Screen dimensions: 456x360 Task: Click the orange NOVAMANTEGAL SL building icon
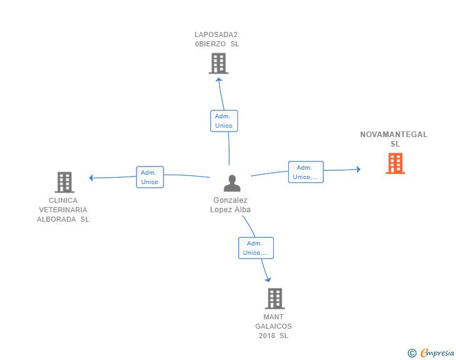coord(395,163)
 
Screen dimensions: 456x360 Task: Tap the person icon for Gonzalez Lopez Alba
coord(232,183)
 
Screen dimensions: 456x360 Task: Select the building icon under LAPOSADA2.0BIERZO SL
coord(219,63)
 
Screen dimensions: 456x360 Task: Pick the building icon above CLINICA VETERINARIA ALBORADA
coord(65,182)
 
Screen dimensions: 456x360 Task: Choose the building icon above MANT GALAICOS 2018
coord(275,299)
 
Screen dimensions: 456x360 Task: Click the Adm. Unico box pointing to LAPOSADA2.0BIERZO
coord(224,121)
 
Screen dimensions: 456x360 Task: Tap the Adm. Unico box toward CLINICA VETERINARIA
coord(150,177)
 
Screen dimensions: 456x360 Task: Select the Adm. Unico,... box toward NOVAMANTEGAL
coord(306,172)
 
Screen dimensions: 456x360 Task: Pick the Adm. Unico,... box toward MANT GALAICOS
coord(256,248)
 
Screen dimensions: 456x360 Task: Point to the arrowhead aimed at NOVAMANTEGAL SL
coord(358,169)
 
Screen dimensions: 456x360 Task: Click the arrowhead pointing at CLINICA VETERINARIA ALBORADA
coord(91,178)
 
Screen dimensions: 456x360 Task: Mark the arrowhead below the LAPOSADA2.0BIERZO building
coord(219,79)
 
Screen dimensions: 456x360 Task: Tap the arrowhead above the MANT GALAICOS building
coord(268,279)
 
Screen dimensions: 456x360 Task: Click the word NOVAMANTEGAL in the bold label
coord(394,135)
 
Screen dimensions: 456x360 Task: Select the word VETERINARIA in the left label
coord(63,210)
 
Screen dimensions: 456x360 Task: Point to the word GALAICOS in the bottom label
coord(273,326)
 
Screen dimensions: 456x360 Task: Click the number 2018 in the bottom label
coord(267,336)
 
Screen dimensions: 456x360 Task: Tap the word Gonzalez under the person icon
coord(231,200)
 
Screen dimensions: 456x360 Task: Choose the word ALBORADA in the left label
coord(56,219)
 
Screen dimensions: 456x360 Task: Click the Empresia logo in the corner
coord(431,352)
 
